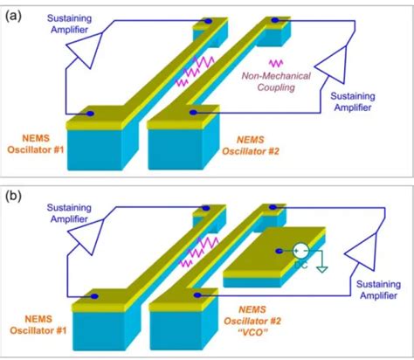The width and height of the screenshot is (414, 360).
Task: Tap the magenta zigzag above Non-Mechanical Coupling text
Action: tap(277, 64)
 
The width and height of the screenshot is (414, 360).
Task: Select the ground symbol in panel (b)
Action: tap(322, 267)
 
